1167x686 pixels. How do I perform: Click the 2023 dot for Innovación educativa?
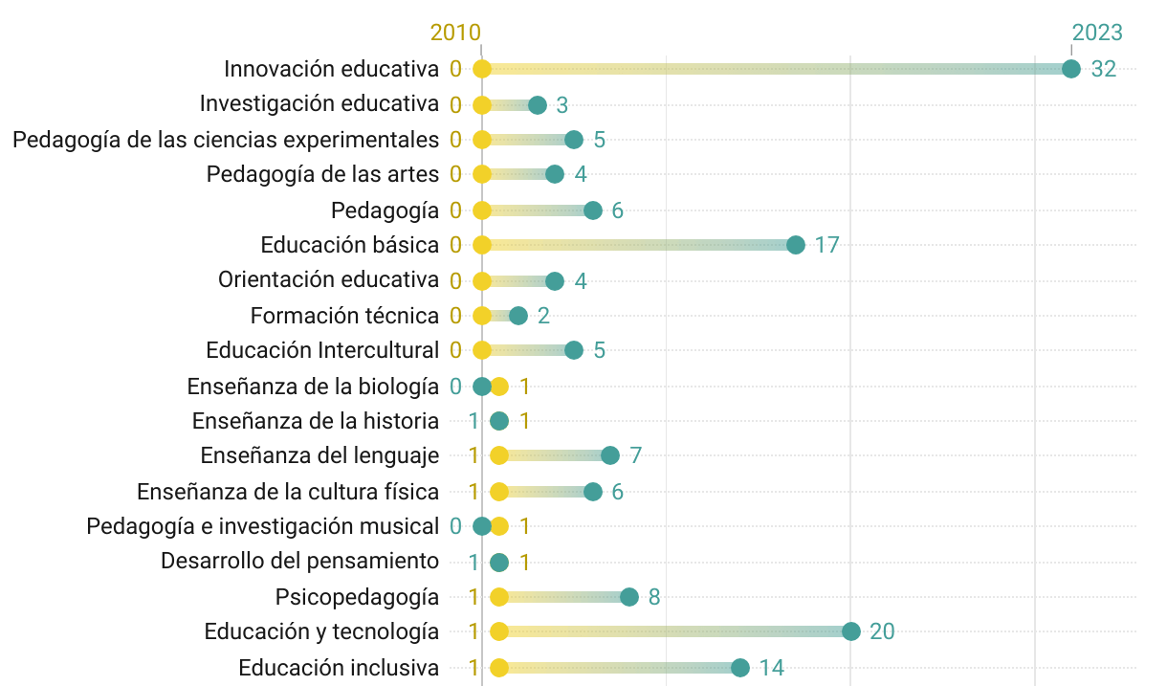pos(1071,69)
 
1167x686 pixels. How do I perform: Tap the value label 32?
pos(1104,69)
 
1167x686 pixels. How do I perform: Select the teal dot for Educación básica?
pos(796,245)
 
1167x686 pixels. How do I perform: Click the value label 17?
pos(827,245)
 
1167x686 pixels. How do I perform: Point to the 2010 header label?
pos(455,33)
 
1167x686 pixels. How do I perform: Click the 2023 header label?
pos(1097,33)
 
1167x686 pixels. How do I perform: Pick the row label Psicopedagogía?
pos(358,597)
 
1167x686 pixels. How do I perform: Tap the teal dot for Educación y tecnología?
pos(851,631)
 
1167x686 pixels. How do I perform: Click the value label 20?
pos(882,631)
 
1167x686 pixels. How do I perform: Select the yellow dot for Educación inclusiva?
pos(499,668)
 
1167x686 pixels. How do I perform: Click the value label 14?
pos(772,668)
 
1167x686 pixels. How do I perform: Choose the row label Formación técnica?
pos(344,316)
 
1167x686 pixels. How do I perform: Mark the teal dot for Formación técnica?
pos(518,316)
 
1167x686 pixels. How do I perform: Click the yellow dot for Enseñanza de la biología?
pos(499,387)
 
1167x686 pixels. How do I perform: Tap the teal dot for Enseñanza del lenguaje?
pos(610,455)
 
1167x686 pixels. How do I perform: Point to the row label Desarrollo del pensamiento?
pos(300,562)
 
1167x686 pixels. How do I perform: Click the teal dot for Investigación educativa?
pos(538,104)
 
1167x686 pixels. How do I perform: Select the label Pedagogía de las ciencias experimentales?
pos(226,140)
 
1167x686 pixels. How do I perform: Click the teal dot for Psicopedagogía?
pos(629,597)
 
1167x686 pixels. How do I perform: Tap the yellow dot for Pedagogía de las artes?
pos(482,174)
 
